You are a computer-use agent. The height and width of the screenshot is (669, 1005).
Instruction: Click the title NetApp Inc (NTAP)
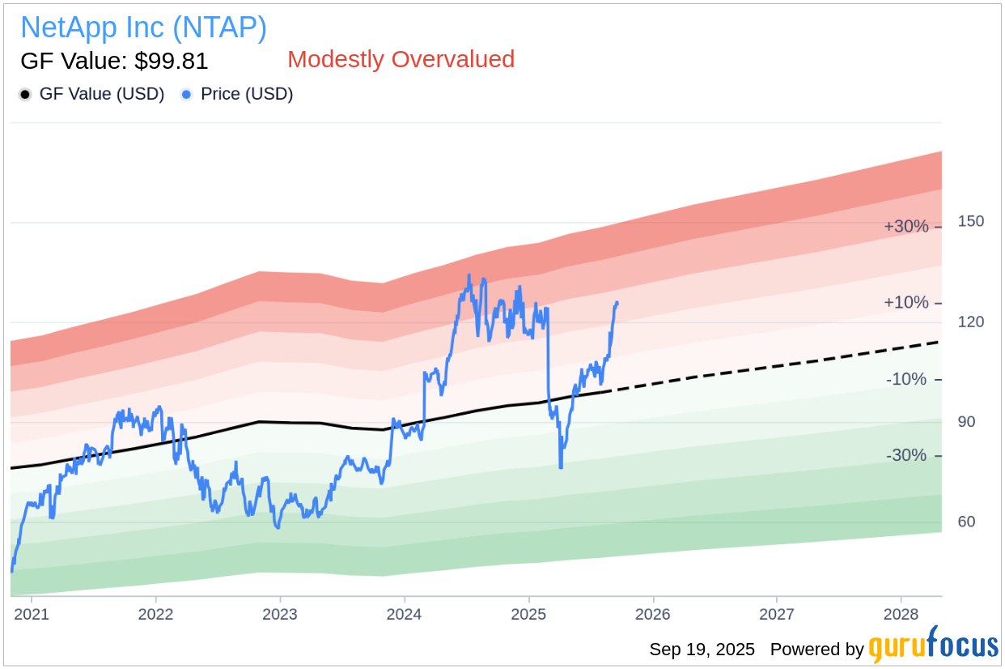(x=143, y=28)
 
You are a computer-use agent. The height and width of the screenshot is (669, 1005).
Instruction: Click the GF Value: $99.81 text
(x=114, y=61)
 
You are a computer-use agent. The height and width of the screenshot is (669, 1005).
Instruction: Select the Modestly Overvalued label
(x=401, y=59)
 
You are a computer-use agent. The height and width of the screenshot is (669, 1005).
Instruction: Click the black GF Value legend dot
(x=25, y=95)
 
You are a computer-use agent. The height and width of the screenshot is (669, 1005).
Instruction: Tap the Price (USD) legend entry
(x=246, y=94)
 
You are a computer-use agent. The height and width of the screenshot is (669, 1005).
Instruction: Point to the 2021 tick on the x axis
(x=32, y=615)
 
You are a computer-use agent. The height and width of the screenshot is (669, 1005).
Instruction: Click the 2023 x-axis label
(x=280, y=615)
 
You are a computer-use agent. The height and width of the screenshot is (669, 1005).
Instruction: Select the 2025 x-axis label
(x=528, y=615)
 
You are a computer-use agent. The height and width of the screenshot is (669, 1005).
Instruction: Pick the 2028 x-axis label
(x=901, y=615)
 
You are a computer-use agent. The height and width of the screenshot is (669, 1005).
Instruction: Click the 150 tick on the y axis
(x=970, y=222)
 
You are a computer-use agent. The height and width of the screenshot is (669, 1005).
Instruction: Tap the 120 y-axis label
(x=970, y=322)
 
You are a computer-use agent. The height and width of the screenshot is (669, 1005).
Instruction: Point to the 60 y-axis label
(x=966, y=522)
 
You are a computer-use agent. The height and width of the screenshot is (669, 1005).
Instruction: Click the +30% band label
(x=905, y=227)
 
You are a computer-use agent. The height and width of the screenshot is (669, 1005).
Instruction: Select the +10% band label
(x=905, y=303)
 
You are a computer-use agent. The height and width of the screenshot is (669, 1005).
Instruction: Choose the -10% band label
(x=905, y=379)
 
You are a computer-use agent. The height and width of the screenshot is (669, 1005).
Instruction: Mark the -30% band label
(x=905, y=455)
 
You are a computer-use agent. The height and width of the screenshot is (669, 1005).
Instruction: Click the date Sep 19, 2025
(x=702, y=650)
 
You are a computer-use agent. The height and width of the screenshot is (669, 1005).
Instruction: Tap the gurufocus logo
(x=934, y=646)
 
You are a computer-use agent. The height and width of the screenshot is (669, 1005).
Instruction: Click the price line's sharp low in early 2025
(x=561, y=467)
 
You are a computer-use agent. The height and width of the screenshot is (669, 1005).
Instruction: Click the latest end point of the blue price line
(x=617, y=303)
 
